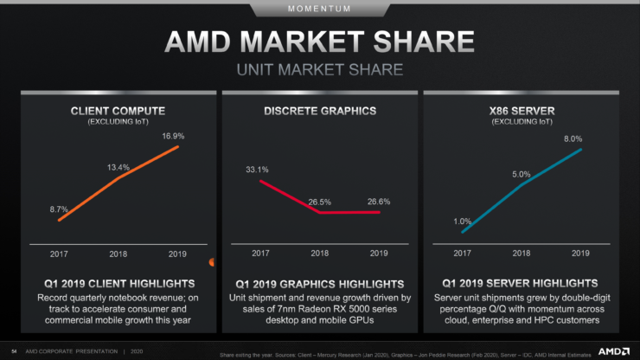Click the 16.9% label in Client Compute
pyautogui.click(x=174, y=136)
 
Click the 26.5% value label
pyautogui.click(x=320, y=201)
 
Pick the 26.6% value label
pyautogui.click(x=378, y=201)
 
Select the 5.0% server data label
pyautogui.click(x=521, y=174)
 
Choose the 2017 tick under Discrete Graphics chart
pyautogui.click(x=260, y=254)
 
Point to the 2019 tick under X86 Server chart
pyautogui.click(x=580, y=254)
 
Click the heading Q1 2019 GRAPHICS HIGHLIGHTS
pyautogui.click(x=319, y=284)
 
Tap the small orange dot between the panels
pyautogui.click(x=213, y=262)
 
